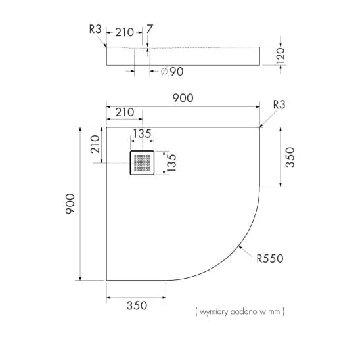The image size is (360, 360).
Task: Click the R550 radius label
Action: pos(270,259)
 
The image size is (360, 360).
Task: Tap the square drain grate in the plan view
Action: pos(142,163)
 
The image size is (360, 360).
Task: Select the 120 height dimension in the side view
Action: pos(281,56)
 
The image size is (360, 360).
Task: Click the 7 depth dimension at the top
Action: pos(149,29)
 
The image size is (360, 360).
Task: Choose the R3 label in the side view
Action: pos(95,29)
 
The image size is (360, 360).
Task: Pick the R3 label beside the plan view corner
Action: pos(279,104)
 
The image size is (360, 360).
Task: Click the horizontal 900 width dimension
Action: pos(183,99)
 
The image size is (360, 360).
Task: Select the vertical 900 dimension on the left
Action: pos(70,204)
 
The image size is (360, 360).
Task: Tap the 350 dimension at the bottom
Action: pos(137,305)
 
